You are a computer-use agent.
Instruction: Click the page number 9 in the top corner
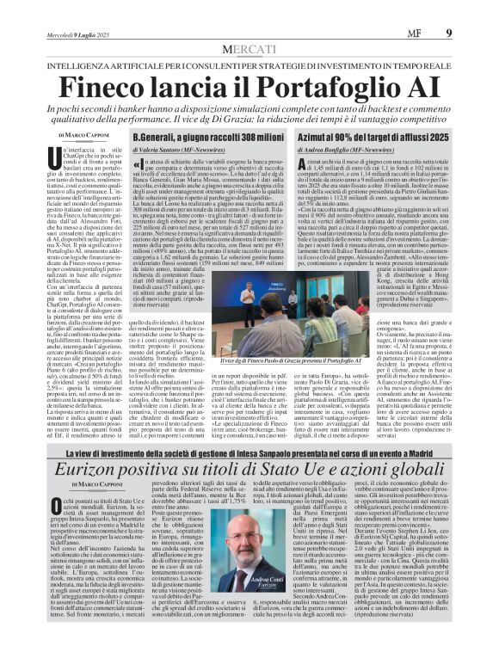tap(472, 9)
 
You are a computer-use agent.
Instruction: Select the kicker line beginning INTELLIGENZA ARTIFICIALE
tap(249, 40)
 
